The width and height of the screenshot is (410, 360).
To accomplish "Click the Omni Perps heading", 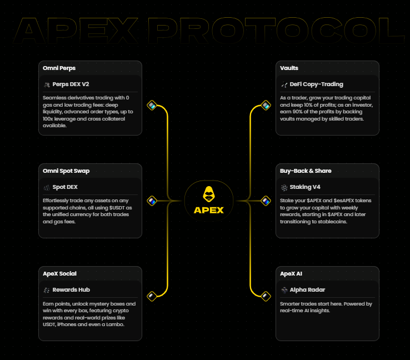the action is (59, 68).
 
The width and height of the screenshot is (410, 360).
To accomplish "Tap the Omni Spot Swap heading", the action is (66, 171).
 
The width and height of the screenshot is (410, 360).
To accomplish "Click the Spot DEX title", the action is (65, 187).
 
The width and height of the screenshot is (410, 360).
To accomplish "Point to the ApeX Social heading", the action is (59, 273).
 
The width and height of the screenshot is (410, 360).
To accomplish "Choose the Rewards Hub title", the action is (71, 290).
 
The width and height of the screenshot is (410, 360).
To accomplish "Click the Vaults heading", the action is (289, 68).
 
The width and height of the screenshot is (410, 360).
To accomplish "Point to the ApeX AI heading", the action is (292, 273).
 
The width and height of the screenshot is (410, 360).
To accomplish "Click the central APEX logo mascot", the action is (208, 193).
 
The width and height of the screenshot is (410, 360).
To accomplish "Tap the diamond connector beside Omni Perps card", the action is (151, 105).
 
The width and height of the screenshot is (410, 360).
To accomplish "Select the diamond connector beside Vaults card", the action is (266, 105).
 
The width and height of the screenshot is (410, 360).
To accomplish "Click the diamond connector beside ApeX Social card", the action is (151, 296).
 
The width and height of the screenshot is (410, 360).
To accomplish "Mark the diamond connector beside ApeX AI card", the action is (266, 296).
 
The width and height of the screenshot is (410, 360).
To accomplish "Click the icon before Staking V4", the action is (284, 187).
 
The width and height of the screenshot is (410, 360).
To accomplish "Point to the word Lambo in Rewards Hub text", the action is (116, 324).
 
